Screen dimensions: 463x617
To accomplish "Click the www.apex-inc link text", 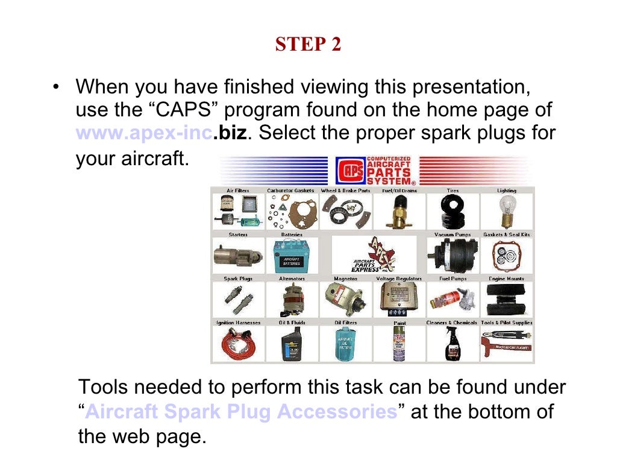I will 144,133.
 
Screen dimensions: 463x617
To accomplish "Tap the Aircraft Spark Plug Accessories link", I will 241,412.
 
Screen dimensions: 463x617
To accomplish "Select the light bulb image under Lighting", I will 506,212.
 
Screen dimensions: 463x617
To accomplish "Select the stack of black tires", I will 452,212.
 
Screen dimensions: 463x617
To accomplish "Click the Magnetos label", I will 345,279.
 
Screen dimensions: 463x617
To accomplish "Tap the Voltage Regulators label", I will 399,279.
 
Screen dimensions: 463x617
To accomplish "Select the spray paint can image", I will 399,344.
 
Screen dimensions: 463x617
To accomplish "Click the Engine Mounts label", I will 506,279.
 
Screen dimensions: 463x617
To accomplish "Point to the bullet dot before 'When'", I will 56,88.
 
